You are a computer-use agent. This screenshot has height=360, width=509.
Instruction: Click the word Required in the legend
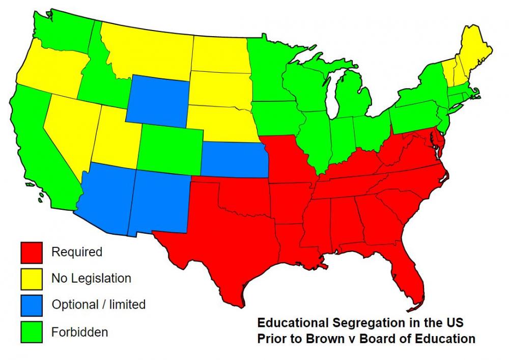(x=77, y=252)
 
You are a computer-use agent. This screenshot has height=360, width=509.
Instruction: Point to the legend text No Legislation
(x=91, y=278)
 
